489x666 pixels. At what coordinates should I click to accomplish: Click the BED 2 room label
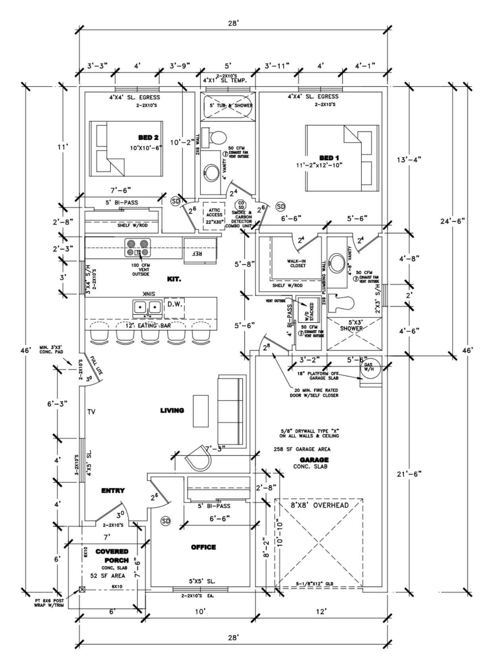[148, 137]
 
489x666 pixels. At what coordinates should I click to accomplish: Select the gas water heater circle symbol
[369, 367]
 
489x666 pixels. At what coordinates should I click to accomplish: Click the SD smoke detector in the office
[165, 521]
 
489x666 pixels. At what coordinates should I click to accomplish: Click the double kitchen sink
[147, 307]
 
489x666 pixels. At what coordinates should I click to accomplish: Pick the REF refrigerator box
[200, 251]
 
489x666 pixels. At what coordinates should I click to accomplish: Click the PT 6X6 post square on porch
[82, 590]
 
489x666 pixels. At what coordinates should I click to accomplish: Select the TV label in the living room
[91, 412]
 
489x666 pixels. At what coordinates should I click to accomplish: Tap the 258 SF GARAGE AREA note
[302, 449]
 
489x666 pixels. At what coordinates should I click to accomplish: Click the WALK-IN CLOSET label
[296, 263]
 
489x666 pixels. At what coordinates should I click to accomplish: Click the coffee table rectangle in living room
[201, 410]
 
